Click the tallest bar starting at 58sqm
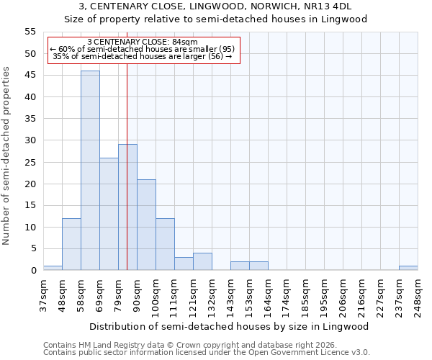tap(90, 171)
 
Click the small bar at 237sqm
tap(408, 268)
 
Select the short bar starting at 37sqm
tap(53, 268)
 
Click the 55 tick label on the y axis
tap(30, 32)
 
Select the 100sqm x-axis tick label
tap(156, 295)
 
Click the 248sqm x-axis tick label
tap(418, 295)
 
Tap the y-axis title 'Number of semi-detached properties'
tap(6, 156)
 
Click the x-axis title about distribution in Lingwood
tap(230, 326)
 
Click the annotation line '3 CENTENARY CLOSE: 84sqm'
tap(142, 42)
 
